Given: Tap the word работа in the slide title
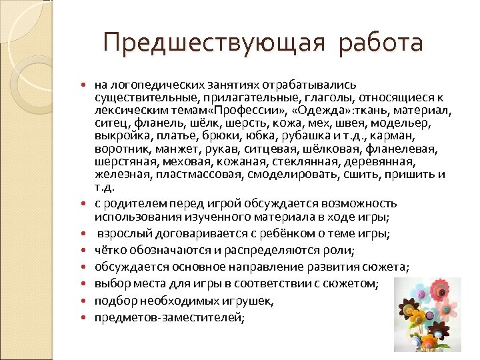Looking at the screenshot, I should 381,43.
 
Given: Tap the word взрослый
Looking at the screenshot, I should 120,233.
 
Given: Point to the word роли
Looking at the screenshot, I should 342,250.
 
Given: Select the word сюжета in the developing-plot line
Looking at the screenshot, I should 389,267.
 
